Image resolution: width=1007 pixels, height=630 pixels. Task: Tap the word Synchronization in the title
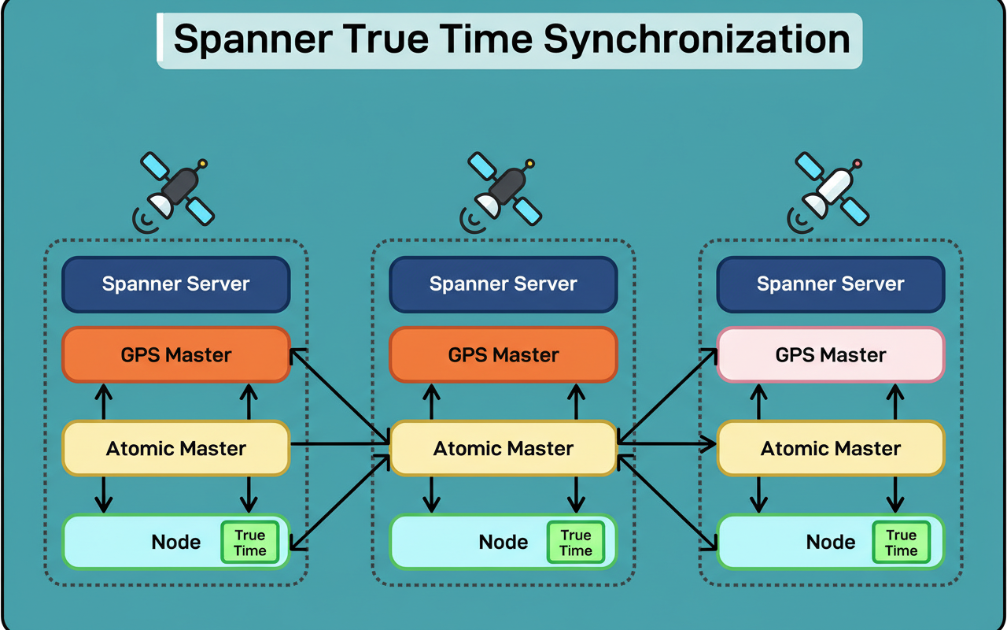pos(696,39)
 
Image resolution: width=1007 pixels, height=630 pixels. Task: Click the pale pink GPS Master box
pos(830,355)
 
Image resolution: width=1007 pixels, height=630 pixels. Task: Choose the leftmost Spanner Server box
pos(176,284)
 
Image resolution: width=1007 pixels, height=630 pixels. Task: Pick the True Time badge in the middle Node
pos(575,543)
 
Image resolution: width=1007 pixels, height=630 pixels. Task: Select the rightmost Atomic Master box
pos(830,449)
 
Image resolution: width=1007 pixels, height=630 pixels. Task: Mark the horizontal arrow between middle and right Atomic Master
pos(666,444)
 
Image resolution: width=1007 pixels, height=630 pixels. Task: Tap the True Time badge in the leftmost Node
pos(249,543)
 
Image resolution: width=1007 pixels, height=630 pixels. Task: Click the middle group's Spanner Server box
pos(503,284)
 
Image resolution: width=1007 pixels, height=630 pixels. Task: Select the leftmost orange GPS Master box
pos(176,355)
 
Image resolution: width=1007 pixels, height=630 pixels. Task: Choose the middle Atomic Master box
pos(503,449)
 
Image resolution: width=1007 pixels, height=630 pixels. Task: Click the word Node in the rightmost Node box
pos(830,543)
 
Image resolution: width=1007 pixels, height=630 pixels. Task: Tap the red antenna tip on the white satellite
pos(857,164)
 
